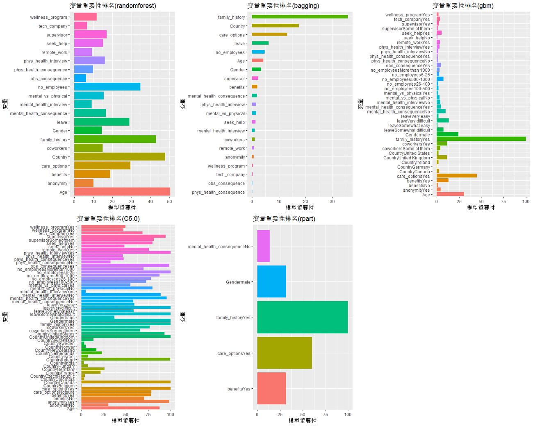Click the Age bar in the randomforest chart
click(x=122, y=192)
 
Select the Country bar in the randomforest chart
click(x=119, y=157)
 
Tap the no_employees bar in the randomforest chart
click(x=107, y=87)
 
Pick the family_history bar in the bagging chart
click(x=299, y=17)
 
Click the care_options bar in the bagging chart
click(x=269, y=34)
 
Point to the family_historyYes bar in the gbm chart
click(x=481, y=139)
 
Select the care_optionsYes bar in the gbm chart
click(x=456, y=176)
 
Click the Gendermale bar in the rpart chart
click(x=271, y=282)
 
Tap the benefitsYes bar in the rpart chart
click(x=271, y=388)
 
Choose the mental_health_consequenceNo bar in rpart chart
click(x=263, y=246)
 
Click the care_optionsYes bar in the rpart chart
click(x=285, y=353)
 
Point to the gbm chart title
click(x=463, y=6)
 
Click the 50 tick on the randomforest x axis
click(x=169, y=202)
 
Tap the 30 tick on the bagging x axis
click(x=332, y=202)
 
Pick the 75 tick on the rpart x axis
click(x=325, y=415)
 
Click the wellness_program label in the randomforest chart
click(x=48, y=17)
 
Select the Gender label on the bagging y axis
click(x=237, y=70)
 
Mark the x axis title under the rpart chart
click(x=303, y=421)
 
